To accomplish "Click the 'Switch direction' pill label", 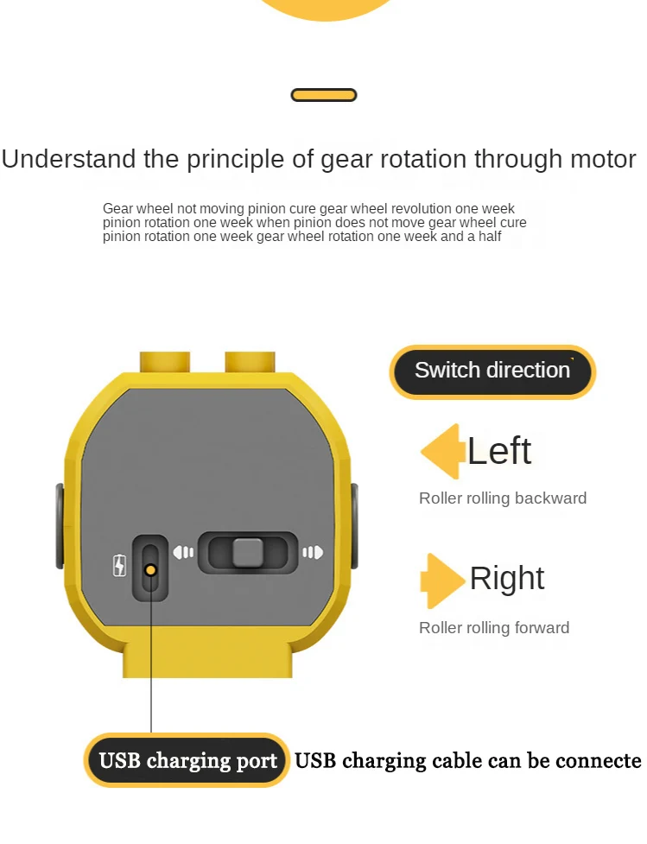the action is coord(492,371).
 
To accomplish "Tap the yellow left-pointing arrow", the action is coord(441,451).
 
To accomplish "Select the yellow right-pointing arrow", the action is coord(442,581).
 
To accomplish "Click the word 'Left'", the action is coord(499,451).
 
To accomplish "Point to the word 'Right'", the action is coord(507,579).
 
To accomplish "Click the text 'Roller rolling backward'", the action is coord(503,498).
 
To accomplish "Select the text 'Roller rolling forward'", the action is coord(494,628).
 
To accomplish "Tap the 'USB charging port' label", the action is coord(187,761).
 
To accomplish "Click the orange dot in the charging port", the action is coord(150,569).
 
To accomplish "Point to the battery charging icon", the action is coord(119,566).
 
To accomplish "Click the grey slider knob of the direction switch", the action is coord(248,553).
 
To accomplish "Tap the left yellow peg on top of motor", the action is coord(165,361).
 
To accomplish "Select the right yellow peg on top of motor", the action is coord(250,361).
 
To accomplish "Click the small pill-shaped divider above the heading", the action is coord(324,95).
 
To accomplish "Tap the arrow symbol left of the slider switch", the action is coord(183,552).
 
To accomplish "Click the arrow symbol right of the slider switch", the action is coord(312,552).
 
